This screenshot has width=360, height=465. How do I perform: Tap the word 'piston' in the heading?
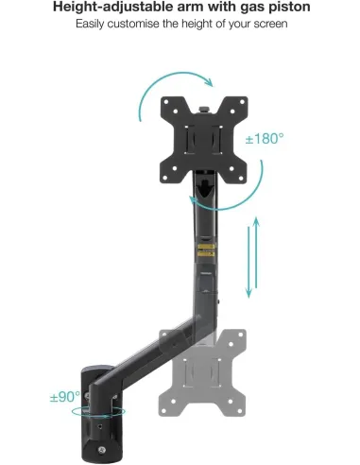[x=282, y=8]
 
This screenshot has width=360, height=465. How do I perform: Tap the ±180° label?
[x=265, y=139]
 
